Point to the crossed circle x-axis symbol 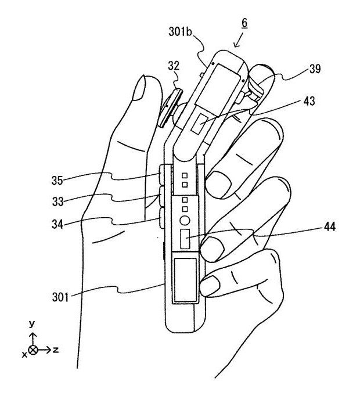33,350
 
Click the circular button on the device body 185,221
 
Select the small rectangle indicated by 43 201,123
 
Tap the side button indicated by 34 160,221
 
